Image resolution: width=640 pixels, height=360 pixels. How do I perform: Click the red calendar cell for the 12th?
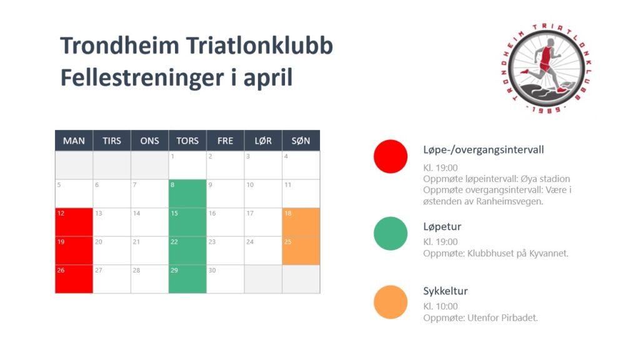(74, 222)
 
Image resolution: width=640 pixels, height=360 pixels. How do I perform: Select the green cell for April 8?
(187, 194)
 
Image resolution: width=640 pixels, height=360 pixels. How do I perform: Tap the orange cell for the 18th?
(301, 222)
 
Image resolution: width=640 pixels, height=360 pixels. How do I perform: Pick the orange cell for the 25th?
(301, 251)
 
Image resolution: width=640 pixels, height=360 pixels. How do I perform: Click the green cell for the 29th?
(187, 279)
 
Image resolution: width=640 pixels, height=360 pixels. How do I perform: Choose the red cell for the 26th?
(74, 279)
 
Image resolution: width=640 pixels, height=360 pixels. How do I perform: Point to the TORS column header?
(187, 141)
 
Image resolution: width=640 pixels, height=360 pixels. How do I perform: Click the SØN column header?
(301, 141)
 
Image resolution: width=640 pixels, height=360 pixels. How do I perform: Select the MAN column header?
(74, 141)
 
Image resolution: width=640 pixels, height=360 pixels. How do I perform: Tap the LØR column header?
(263, 141)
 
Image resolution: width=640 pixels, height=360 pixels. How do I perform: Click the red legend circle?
(391, 156)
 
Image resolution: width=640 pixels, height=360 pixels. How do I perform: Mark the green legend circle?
(391, 234)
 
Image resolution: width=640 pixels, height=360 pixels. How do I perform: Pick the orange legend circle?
(391, 302)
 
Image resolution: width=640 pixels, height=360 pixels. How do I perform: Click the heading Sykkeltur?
(445, 291)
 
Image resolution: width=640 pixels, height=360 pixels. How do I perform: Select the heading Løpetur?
(442, 227)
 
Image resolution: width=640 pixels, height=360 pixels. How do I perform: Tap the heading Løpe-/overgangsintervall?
(483, 150)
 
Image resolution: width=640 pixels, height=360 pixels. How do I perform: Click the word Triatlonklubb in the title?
(259, 45)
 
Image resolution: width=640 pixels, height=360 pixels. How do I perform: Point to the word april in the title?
(267, 77)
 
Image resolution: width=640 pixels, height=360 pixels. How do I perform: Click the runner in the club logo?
(544, 65)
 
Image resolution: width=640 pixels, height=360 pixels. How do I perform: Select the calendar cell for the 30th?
(225, 279)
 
